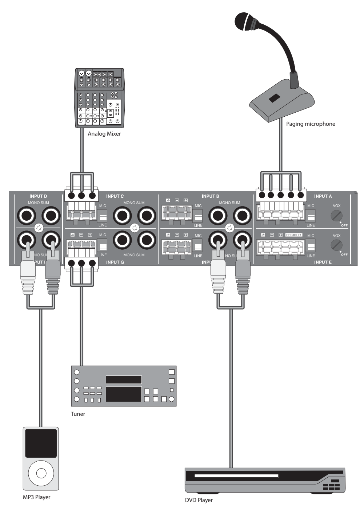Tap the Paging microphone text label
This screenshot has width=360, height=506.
pyautogui.click(x=311, y=124)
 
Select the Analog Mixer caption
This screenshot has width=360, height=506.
pyautogui.click(x=104, y=134)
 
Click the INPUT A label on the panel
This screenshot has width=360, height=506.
pyautogui.click(x=323, y=196)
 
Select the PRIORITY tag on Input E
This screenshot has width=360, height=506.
pyautogui.click(x=293, y=235)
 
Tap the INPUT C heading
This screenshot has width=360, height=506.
pyautogui.click(x=115, y=196)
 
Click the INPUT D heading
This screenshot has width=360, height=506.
pyautogui.click(x=38, y=196)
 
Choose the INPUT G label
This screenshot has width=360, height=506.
pyautogui.click(x=115, y=262)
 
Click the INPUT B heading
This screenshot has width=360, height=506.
pyautogui.click(x=211, y=196)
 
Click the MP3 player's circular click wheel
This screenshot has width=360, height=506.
pyautogui.click(x=41, y=473)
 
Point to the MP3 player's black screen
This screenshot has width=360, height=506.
pyautogui.click(x=41, y=443)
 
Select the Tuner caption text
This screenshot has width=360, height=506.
pyautogui.click(x=78, y=414)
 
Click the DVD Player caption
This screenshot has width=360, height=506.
pyautogui.click(x=199, y=500)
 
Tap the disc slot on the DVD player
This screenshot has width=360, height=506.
pyautogui.click(x=236, y=475)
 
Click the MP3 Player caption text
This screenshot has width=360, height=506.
pyautogui.click(x=37, y=497)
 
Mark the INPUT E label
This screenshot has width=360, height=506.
pyautogui.click(x=323, y=262)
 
